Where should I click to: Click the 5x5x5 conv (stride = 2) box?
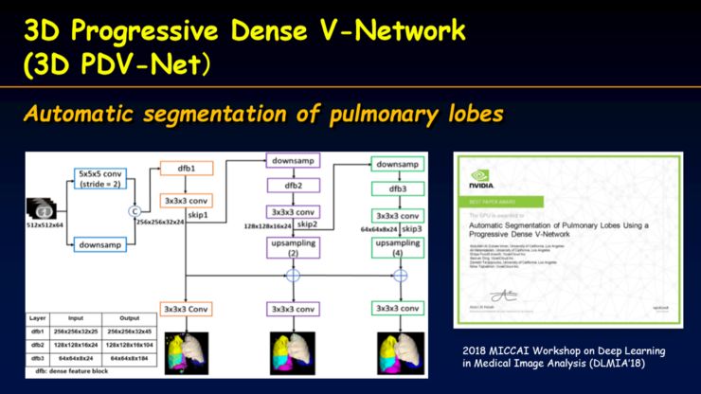tap(99, 180)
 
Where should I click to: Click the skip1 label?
tap(197, 216)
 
